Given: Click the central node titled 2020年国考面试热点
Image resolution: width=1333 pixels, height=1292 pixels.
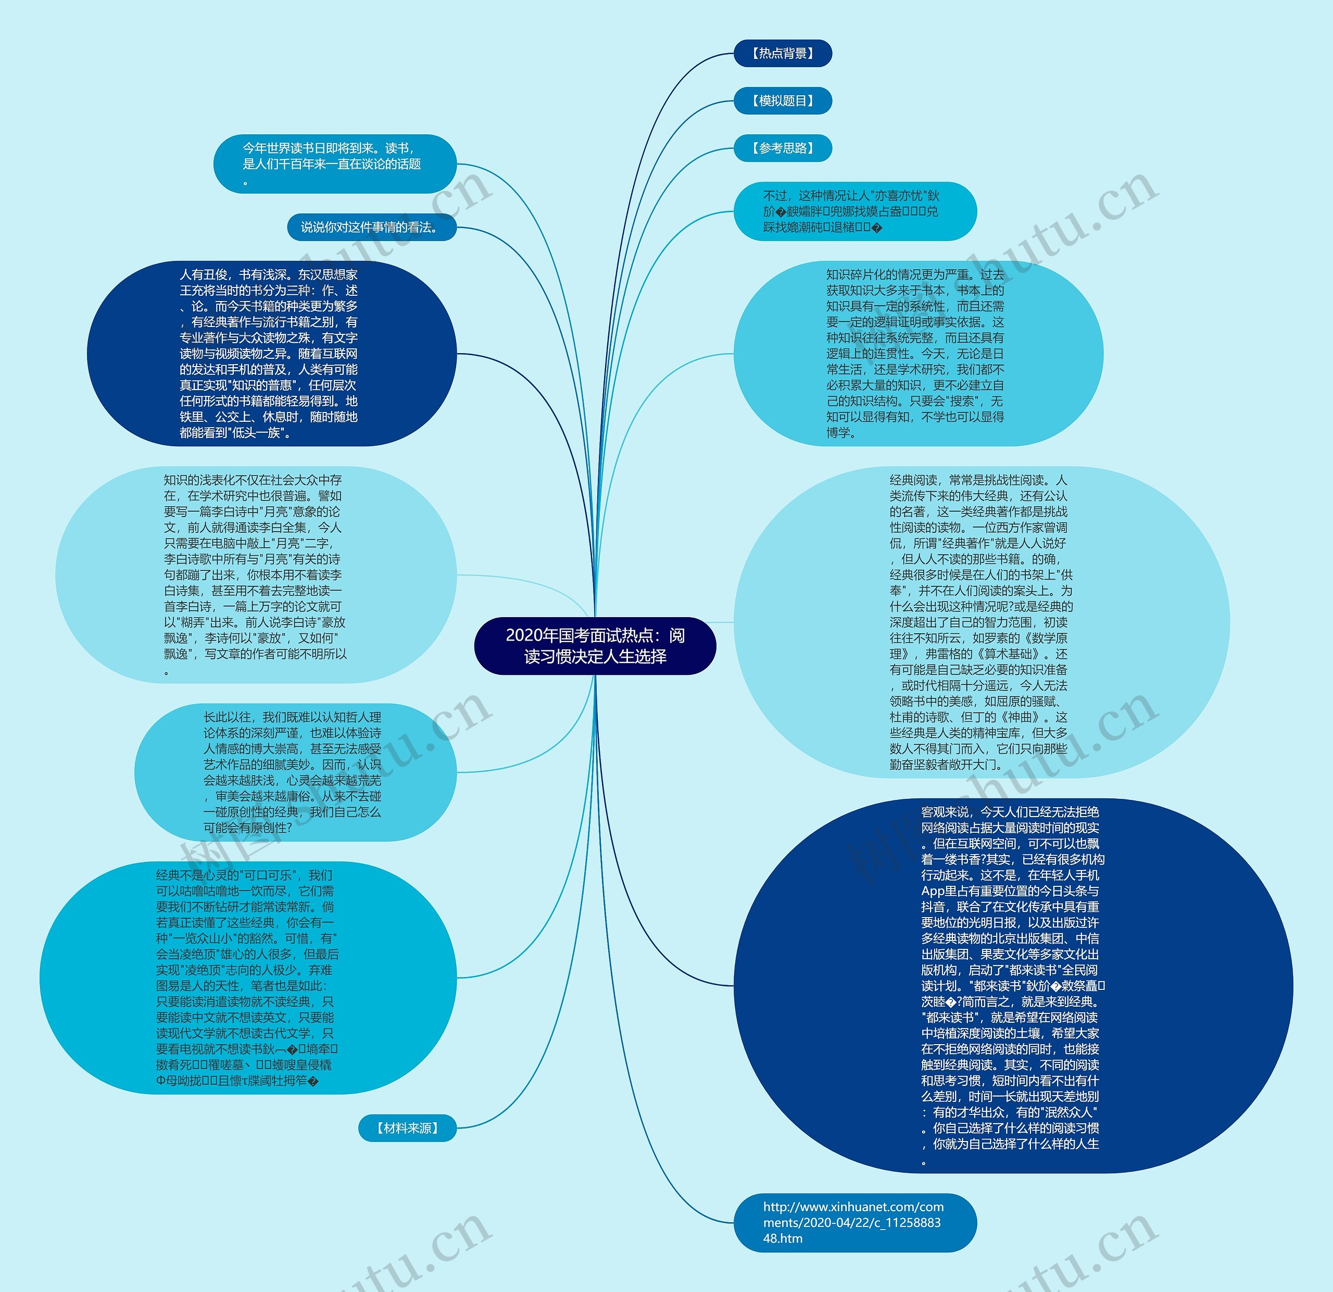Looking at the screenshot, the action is click(595, 645).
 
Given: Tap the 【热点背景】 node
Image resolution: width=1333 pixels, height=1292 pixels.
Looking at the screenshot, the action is click(782, 53).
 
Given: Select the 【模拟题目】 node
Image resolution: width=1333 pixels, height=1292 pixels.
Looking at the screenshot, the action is click(782, 101).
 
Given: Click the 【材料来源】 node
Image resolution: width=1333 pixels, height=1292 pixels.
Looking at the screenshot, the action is click(407, 1128).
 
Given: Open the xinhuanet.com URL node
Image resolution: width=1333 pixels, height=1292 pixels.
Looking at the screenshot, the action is click(854, 1223).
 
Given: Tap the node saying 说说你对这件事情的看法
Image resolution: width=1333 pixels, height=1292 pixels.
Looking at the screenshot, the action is click(371, 227).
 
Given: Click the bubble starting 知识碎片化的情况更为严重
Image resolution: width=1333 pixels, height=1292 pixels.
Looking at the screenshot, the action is click(917, 354).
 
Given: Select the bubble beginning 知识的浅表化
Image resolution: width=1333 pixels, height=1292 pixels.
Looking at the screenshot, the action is click(255, 574).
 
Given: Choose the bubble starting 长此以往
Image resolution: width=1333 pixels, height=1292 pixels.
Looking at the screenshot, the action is click(295, 772).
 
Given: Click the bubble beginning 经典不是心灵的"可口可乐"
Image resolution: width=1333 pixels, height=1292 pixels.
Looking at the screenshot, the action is click(247, 978).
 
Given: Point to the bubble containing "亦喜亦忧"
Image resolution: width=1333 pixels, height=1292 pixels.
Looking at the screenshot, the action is click(854, 211).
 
